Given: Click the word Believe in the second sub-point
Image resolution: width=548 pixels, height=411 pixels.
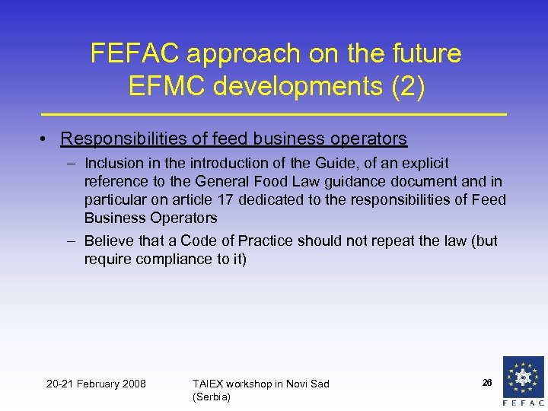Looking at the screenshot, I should point(107,241).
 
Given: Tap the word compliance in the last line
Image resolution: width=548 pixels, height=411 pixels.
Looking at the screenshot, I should point(167,259).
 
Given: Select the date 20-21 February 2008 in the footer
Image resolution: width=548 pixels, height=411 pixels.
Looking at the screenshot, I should point(96,384).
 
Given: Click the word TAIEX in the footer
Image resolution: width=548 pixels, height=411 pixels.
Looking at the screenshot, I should point(209,384).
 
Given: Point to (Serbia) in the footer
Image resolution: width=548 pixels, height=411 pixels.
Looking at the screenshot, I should point(212,397).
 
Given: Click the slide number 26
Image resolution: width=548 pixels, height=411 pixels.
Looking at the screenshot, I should point(486,382).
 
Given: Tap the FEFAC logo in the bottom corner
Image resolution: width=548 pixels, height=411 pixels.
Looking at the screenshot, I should point(524,381).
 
